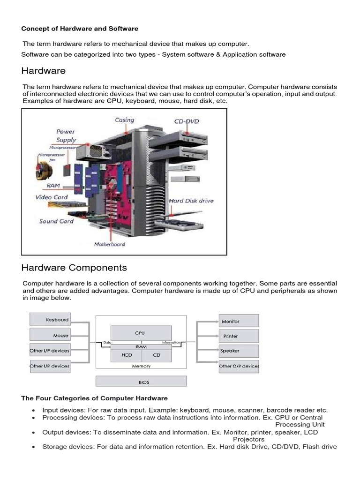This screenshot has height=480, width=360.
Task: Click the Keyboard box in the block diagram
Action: [50, 320]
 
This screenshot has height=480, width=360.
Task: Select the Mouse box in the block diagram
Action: [50, 335]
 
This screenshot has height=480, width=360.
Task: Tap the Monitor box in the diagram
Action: [239, 321]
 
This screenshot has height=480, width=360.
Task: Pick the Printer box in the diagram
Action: [239, 336]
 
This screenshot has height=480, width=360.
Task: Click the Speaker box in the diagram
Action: [239, 351]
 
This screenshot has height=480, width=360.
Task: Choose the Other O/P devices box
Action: [239, 366]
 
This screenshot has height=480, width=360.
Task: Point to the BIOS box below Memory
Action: [141, 382]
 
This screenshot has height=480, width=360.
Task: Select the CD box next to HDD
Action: [157, 355]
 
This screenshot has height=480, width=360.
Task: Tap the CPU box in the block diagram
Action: [140, 333]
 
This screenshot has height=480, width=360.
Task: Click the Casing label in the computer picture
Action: [124, 120]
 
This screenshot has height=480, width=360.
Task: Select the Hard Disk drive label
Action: [191, 201]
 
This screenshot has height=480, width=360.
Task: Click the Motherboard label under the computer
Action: [110, 244]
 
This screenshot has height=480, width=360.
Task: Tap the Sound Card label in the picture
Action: [56, 221]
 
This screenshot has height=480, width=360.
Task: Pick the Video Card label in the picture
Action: [52, 197]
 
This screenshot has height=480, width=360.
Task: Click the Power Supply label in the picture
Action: [66, 135]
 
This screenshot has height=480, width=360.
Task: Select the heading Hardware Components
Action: [74, 268]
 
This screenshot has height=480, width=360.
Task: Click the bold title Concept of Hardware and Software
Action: [80, 29]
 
